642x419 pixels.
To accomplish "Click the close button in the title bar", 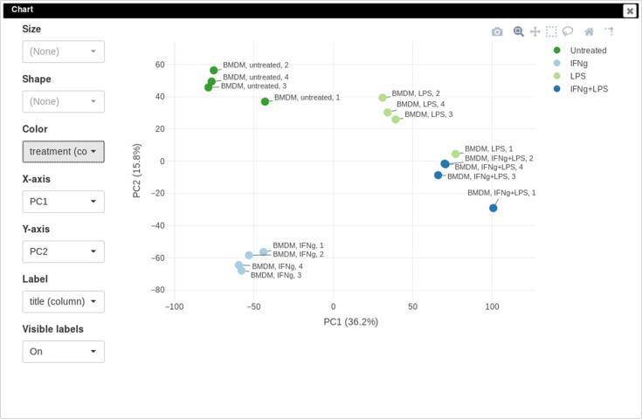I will [629, 10].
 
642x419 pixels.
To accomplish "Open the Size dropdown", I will [63, 52].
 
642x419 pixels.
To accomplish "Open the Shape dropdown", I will [63, 101].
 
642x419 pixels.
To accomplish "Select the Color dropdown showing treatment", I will [63, 152].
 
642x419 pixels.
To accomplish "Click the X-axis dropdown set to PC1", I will [63, 202].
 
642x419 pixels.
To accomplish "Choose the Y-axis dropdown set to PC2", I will [63, 251].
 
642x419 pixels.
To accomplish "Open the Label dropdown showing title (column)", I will [63, 302].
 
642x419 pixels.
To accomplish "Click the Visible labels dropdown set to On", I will [63, 352].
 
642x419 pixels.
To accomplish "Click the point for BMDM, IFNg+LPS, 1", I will [494, 208].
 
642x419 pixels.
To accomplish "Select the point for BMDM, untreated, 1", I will [265, 102].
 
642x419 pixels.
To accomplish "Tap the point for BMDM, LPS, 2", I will [383, 98].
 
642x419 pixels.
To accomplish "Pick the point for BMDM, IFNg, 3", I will [241, 271].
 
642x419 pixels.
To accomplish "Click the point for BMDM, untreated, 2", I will [214, 71].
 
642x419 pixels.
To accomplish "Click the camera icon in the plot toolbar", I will [497, 31].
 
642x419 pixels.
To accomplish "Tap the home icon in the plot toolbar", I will [589, 31].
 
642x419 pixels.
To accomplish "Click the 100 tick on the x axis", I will [492, 307].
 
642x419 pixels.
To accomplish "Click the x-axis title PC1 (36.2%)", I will [350, 322].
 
